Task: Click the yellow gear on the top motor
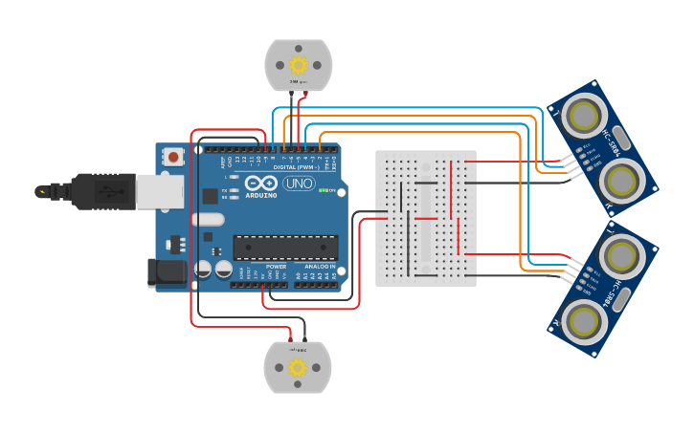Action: coord(298,65)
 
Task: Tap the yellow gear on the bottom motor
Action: coord(298,367)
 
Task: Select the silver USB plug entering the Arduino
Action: coord(159,191)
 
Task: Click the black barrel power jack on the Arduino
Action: coord(168,272)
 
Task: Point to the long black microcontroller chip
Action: coord(284,248)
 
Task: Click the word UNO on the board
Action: coord(300,184)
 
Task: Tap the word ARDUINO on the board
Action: coord(261,195)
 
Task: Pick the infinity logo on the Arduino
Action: coord(261,183)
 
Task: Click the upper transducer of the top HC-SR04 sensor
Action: coord(583,116)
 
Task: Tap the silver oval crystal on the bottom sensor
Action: coord(619,298)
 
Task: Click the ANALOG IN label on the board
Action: coord(320,267)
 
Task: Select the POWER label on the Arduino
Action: coord(277,267)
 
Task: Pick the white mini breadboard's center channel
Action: coord(426,218)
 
